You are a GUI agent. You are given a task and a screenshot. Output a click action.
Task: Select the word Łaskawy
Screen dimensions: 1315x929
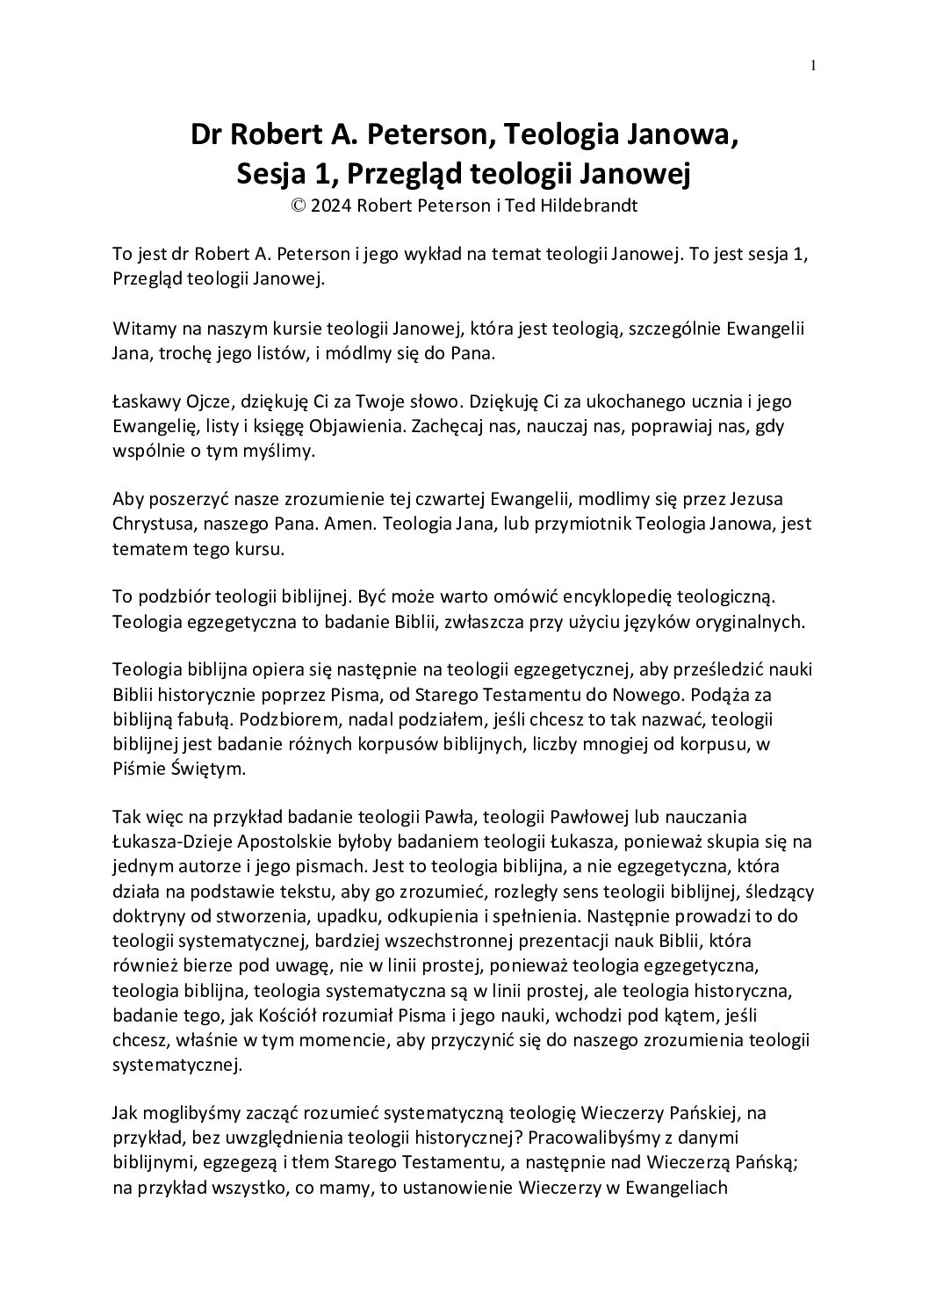pyautogui.click(x=147, y=402)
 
